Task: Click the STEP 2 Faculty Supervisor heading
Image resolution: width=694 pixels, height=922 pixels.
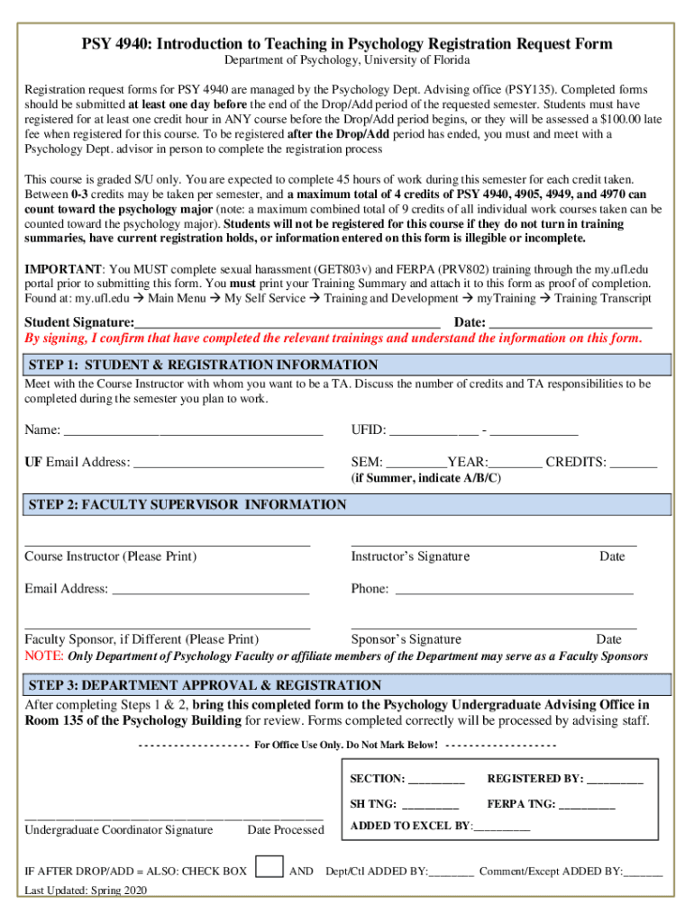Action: coord(187,505)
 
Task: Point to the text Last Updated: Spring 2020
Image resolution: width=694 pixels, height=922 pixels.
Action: coord(86,890)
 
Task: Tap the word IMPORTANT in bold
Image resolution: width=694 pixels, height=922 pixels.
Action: coord(63,269)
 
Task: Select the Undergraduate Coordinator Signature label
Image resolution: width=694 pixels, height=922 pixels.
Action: coord(119,830)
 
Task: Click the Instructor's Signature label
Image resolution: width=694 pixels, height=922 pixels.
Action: coord(410,556)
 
